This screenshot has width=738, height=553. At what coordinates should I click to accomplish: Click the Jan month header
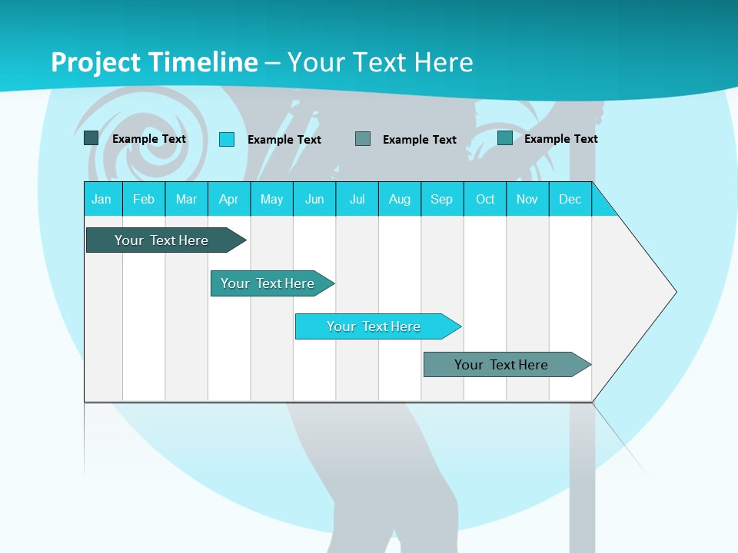(101, 199)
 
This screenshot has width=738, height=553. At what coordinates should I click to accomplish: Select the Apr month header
(229, 199)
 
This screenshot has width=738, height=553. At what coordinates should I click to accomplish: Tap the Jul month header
(357, 199)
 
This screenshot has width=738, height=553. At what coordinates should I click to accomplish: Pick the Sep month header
(441, 199)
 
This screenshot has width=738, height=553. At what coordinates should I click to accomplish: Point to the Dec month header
(570, 199)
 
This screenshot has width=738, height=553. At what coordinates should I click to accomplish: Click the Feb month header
(144, 199)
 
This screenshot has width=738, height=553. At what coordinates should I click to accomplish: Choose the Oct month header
(485, 199)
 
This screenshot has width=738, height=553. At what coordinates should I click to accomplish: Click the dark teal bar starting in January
(161, 240)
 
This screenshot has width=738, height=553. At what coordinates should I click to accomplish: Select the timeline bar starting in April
(268, 283)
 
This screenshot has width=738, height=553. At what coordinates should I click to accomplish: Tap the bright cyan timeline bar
(374, 326)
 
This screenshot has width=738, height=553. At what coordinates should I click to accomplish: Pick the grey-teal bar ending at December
(501, 365)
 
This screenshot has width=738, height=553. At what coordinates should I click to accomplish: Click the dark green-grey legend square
(91, 138)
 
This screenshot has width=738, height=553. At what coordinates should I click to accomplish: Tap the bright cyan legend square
(227, 139)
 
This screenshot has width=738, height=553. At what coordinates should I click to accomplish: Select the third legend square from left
(363, 139)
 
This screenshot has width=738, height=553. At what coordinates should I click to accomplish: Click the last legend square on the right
(505, 138)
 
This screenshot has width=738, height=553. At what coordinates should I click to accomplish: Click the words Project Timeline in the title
(154, 62)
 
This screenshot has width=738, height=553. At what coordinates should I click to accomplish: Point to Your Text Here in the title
(380, 62)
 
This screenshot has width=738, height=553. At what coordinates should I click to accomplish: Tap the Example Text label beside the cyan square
(284, 140)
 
